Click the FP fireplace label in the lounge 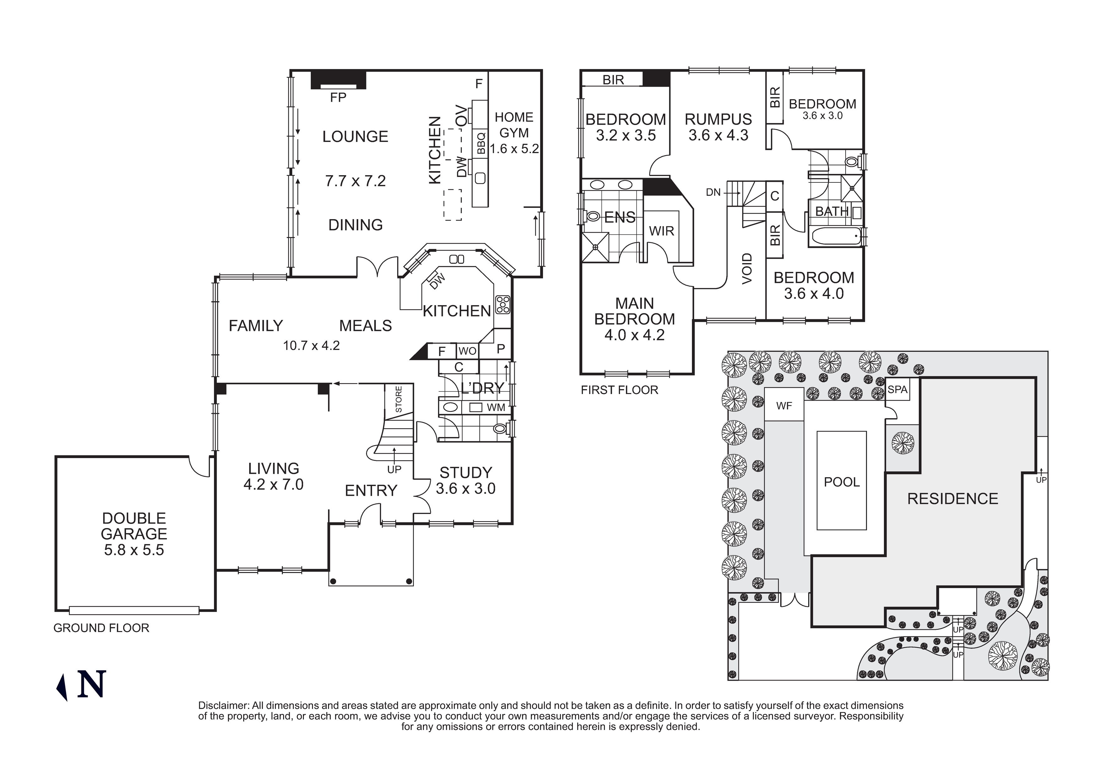[x=338, y=97]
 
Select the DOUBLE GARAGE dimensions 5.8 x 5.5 [x=134, y=550]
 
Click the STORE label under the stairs [x=398, y=399]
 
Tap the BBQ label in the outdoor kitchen [x=481, y=143]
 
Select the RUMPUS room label [x=718, y=119]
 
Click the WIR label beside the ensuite [x=661, y=231]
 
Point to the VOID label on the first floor [x=747, y=269]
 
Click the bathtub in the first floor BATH [x=835, y=237]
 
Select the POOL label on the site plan [x=842, y=482]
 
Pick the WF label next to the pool [x=784, y=406]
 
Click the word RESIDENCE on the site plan [x=952, y=499]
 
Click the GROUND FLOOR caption [x=101, y=628]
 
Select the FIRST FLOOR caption [x=619, y=390]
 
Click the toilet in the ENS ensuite [x=592, y=217]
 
